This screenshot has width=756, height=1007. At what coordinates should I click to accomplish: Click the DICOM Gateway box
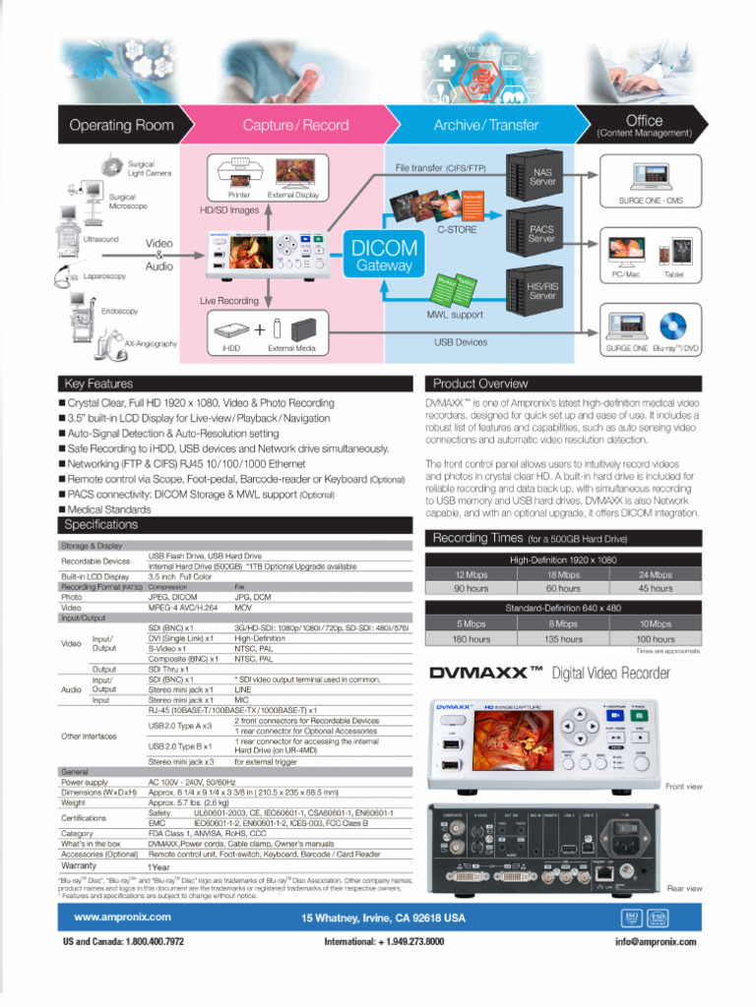coord(385,256)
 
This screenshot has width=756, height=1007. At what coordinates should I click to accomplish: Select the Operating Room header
coord(121,125)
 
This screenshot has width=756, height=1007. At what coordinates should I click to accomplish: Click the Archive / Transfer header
coord(486,125)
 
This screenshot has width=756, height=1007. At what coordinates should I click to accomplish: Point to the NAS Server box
coord(542,176)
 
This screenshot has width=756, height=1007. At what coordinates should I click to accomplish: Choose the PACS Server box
coord(542,233)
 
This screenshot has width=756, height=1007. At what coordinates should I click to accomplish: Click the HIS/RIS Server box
coord(542,290)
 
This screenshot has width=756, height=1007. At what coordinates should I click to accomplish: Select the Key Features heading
coord(97,384)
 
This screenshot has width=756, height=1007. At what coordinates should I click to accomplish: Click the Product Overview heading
coord(481,384)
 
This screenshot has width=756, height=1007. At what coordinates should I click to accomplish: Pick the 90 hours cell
coord(471,588)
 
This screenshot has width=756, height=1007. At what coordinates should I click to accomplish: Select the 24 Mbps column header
coord(655,574)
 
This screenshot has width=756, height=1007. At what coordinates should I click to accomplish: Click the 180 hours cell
coord(471,638)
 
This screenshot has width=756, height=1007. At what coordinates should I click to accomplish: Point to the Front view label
coord(683,787)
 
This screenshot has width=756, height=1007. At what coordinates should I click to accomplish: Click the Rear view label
coord(684,888)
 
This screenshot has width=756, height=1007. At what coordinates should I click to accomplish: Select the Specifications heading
coord(101,524)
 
